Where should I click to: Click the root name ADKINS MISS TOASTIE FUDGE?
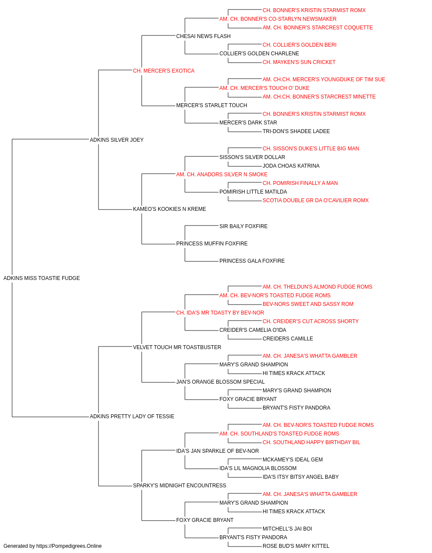[41, 278]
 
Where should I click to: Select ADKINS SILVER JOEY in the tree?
[117, 140]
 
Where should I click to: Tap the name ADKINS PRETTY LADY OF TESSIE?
[132, 416]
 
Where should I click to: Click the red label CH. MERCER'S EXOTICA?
[164, 71]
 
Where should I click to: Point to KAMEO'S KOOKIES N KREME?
[169, 209]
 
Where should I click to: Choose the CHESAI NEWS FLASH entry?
[203, 36]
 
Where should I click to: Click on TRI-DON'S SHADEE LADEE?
[296, 131]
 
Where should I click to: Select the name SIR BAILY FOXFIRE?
[244, 226]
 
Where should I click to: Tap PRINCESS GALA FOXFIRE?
[252, 261]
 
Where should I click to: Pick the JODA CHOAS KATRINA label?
[291, 165]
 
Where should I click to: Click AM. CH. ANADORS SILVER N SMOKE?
[222, 174]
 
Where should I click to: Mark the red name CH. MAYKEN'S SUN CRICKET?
[299, 62]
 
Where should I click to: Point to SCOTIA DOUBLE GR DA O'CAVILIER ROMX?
[315, 200]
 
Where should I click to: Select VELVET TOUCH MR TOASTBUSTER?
[177, 347]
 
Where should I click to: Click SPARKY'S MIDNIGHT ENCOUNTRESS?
[180, 485]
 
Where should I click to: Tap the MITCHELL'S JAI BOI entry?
[287, 528]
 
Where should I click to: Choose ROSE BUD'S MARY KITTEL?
[296, 546]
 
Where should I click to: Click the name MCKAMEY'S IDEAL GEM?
[292, 459]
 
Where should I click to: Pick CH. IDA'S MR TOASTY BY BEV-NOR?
[220, 312]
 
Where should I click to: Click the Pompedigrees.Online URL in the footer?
[69, 546]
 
